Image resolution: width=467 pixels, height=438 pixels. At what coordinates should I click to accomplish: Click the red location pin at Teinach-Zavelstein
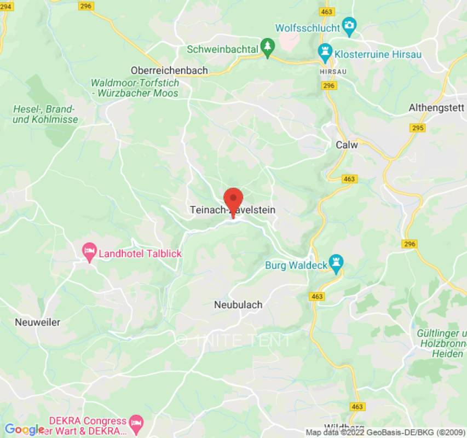[234, 199]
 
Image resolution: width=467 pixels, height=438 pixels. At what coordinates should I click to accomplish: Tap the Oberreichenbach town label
[169, 71]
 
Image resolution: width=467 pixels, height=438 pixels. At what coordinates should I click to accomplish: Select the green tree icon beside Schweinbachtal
[267, 48]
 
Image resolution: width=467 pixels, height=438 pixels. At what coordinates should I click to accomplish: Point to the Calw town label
[346, 145]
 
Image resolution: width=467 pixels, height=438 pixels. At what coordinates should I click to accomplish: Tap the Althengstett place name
[436, 108]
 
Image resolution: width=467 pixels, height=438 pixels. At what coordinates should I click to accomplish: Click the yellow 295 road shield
[417, 128]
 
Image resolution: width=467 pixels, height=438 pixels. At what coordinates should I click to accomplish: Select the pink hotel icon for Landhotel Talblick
[89, 253]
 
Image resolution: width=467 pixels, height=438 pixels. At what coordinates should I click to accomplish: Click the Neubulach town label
[238, 305]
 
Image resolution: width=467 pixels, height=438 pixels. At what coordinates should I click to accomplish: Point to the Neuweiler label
[38, 322]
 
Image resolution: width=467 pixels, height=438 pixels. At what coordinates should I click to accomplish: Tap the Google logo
[24, 430]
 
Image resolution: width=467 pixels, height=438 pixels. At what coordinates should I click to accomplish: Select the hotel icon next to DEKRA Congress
[135, 423]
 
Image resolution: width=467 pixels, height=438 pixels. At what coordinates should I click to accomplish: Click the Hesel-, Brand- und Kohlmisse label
[45, 114]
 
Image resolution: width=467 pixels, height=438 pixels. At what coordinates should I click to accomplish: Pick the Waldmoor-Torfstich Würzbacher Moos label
[135, 88]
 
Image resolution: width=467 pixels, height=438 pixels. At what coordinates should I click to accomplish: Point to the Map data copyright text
[385, 433]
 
